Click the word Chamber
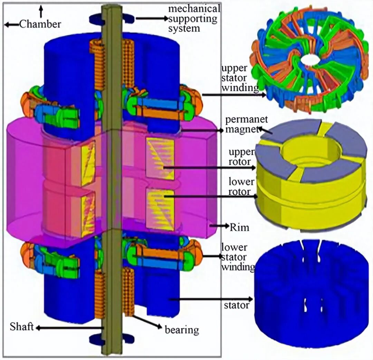[40, 24]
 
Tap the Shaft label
[22, 327]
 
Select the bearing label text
[182, 330]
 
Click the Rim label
[240, 227]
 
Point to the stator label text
[237, 305]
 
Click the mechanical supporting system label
[194, 19]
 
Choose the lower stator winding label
[238, 257]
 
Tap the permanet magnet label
[246, 124]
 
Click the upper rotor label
[241, 157]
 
